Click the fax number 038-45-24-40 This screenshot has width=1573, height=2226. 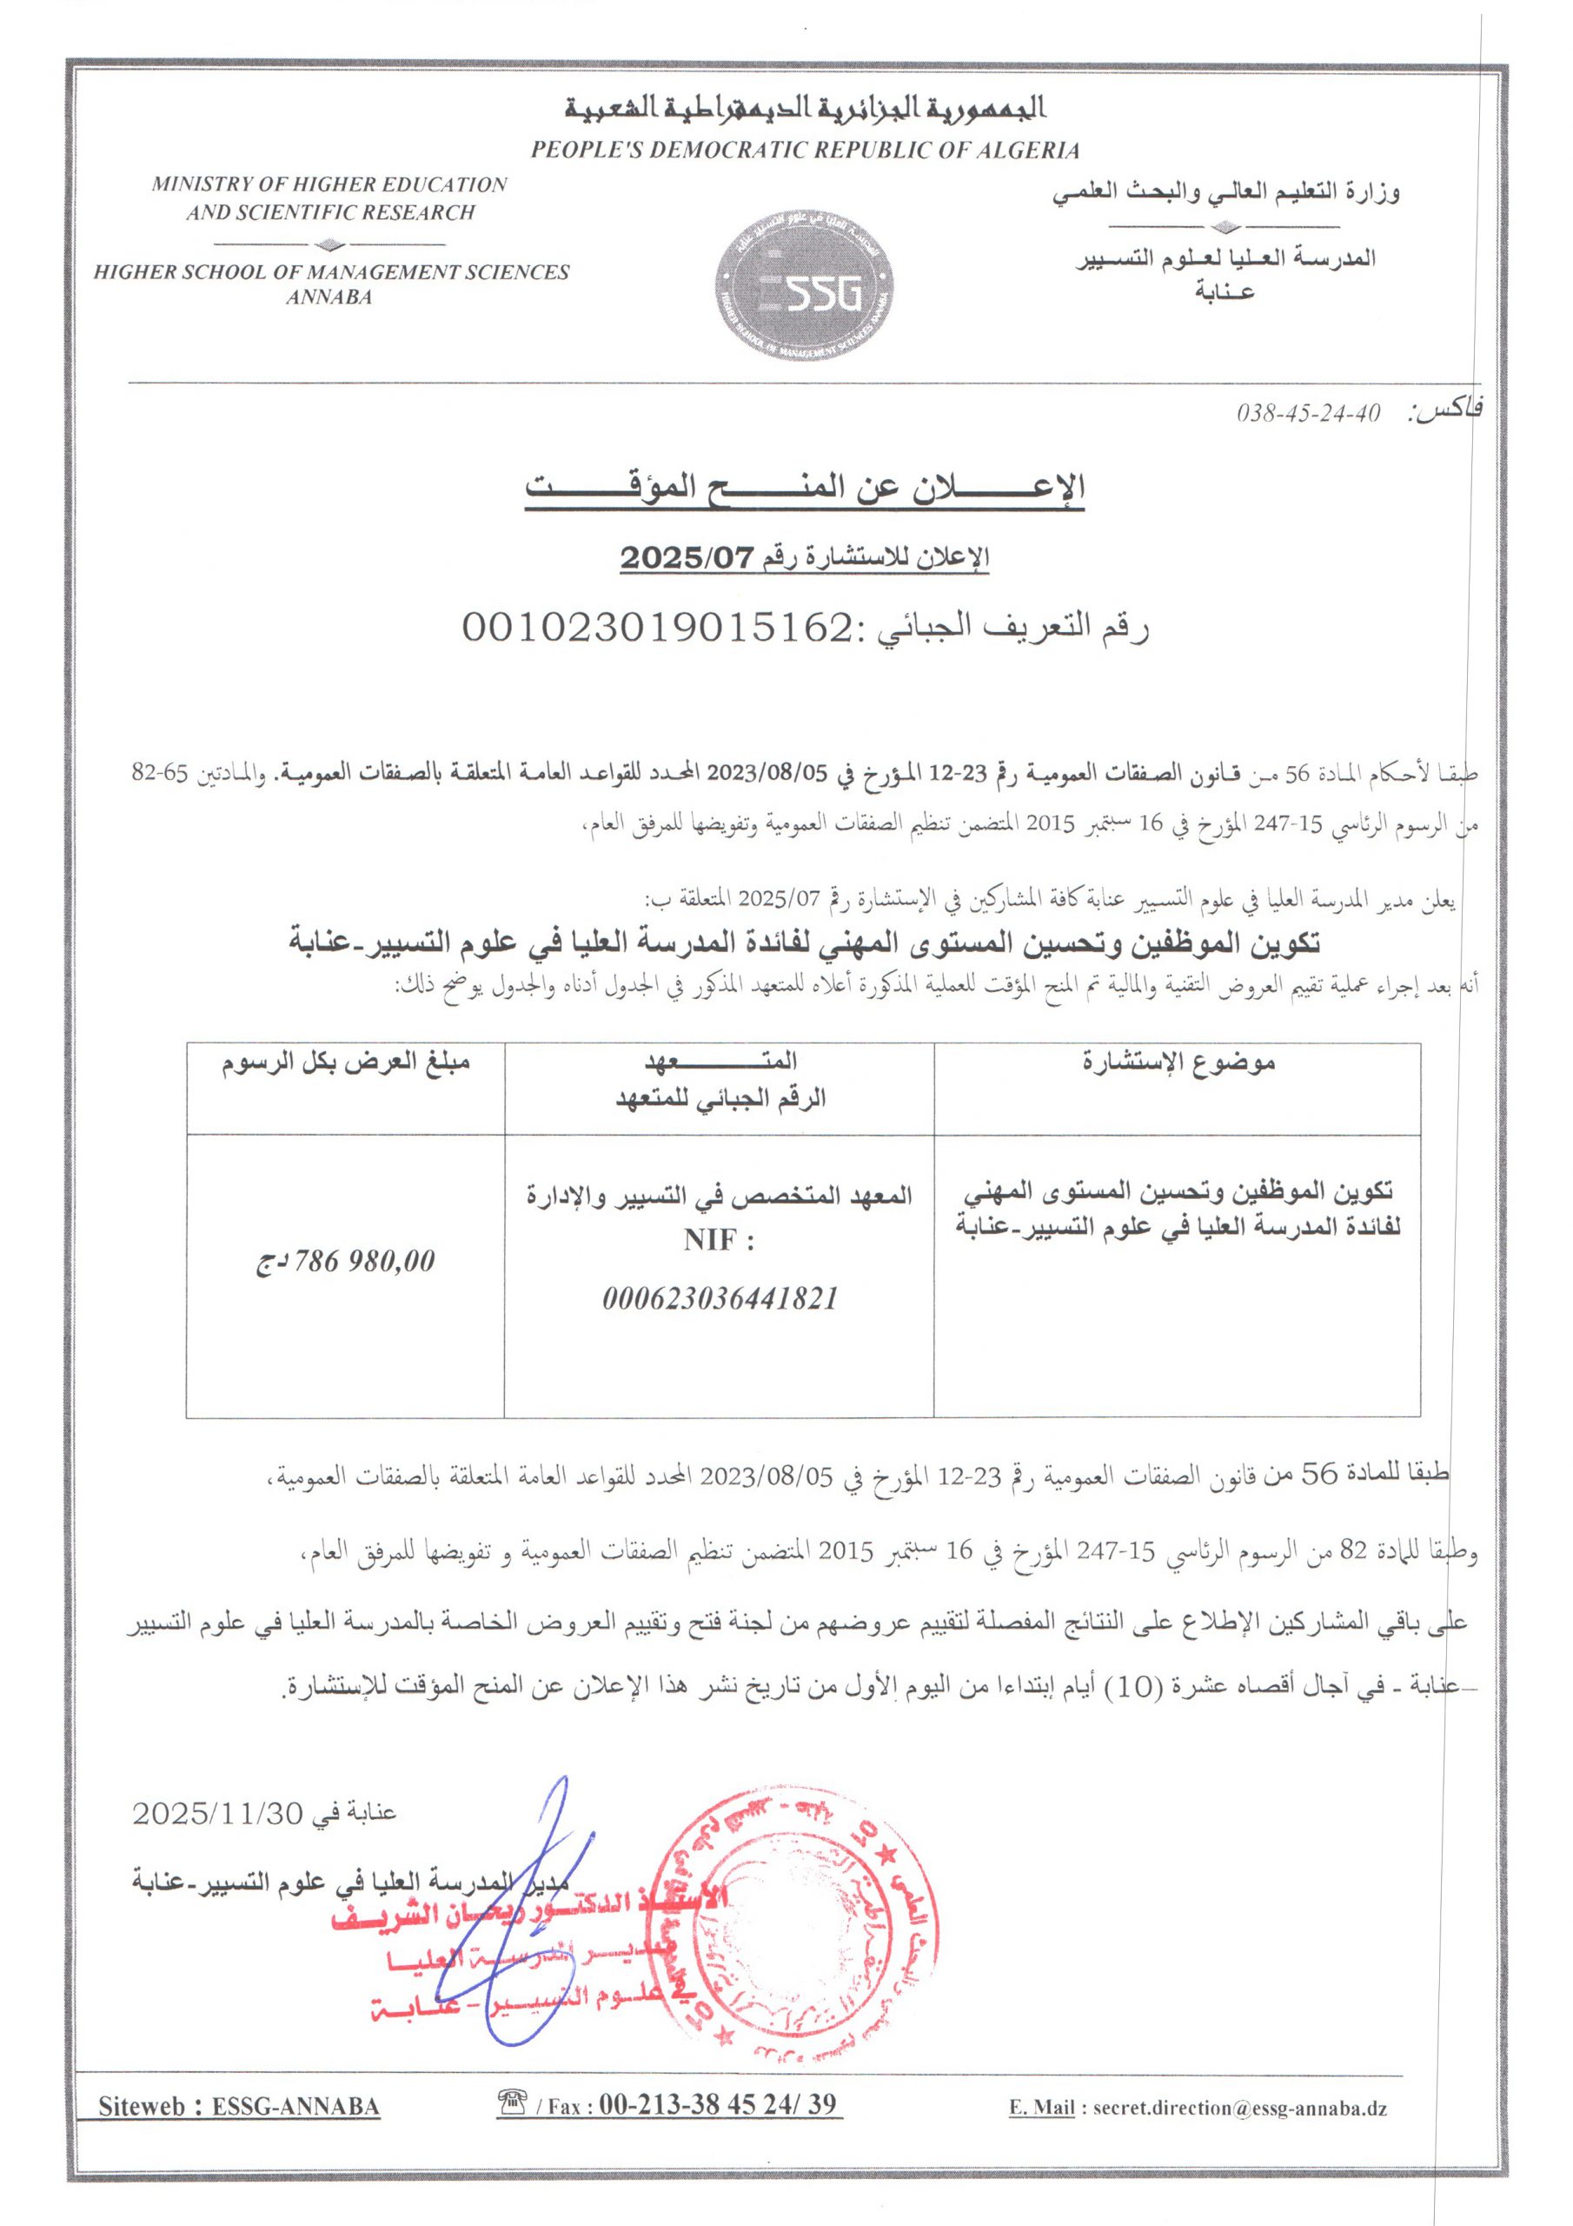[x=1306, y=413]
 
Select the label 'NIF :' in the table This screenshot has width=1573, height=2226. [x=718, y=1240]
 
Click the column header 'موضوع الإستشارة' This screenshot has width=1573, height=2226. [x=1178, y=1063]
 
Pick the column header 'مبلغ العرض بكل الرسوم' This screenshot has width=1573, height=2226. [x=346, y=1063]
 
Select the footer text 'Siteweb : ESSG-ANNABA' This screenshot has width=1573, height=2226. [x=239, y=2107]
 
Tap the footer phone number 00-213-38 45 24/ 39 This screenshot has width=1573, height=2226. [x=716, y=2104]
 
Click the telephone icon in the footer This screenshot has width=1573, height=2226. [x=511, y=2103]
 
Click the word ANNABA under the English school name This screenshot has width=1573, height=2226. [x=329, y=297]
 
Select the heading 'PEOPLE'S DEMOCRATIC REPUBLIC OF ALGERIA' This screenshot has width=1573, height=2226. [x=805, y=150]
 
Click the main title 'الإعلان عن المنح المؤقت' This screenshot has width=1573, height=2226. [x=805, y=487]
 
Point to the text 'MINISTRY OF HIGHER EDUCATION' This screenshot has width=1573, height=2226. [x=329, y=184]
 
